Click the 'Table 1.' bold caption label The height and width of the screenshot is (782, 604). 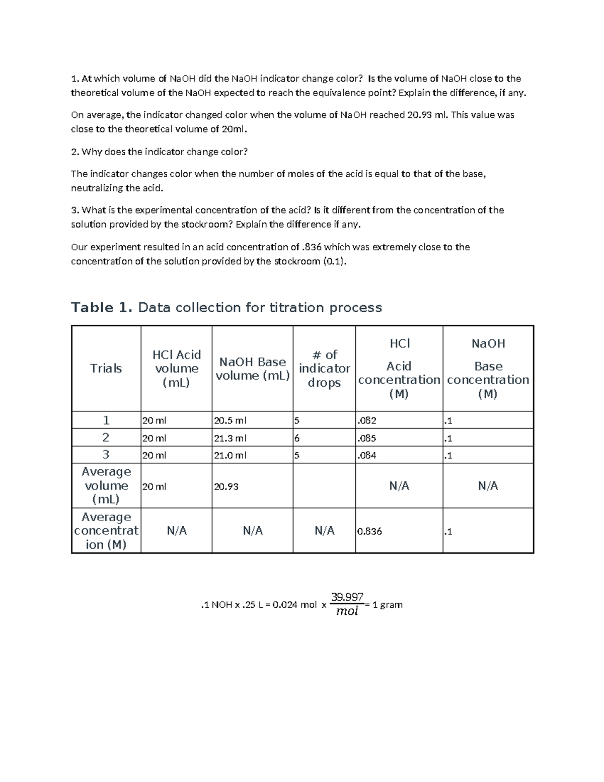[x=102, y=308]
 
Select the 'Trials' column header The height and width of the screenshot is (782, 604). [x=106, y=369]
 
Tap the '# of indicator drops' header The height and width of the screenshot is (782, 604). [x=324, y=369]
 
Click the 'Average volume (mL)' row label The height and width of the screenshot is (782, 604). [x=106, y=485]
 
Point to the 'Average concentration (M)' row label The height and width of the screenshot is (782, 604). [x=106, y=531]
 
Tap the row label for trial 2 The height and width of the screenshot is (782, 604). [x=106, y=438]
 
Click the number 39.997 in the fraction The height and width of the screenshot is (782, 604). [x=347, y=597]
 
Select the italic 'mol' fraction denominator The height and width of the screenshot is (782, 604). [x=347, y=611]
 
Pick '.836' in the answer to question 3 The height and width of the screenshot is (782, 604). [x=312, y=247]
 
